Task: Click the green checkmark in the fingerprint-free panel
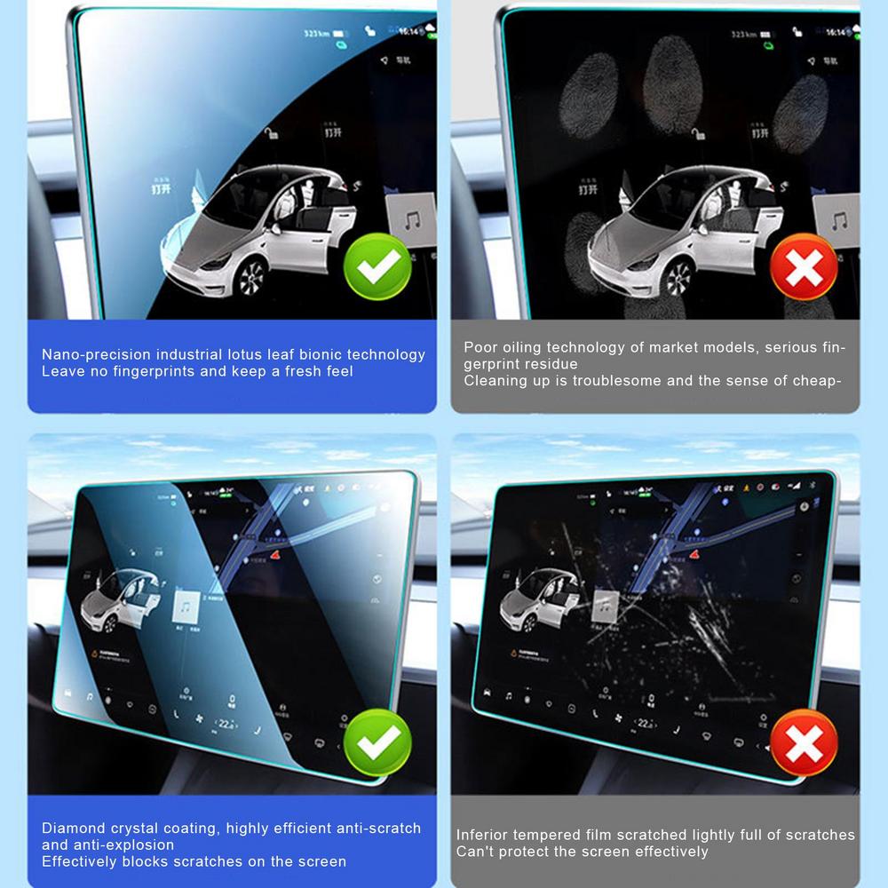[377, 266]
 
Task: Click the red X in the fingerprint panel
[804, 266]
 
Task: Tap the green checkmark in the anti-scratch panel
[377, 742]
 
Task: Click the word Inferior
[484, 835]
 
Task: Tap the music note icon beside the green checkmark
[414, 219]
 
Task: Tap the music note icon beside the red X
[837, 219]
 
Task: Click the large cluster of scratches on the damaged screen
[710, 627]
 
